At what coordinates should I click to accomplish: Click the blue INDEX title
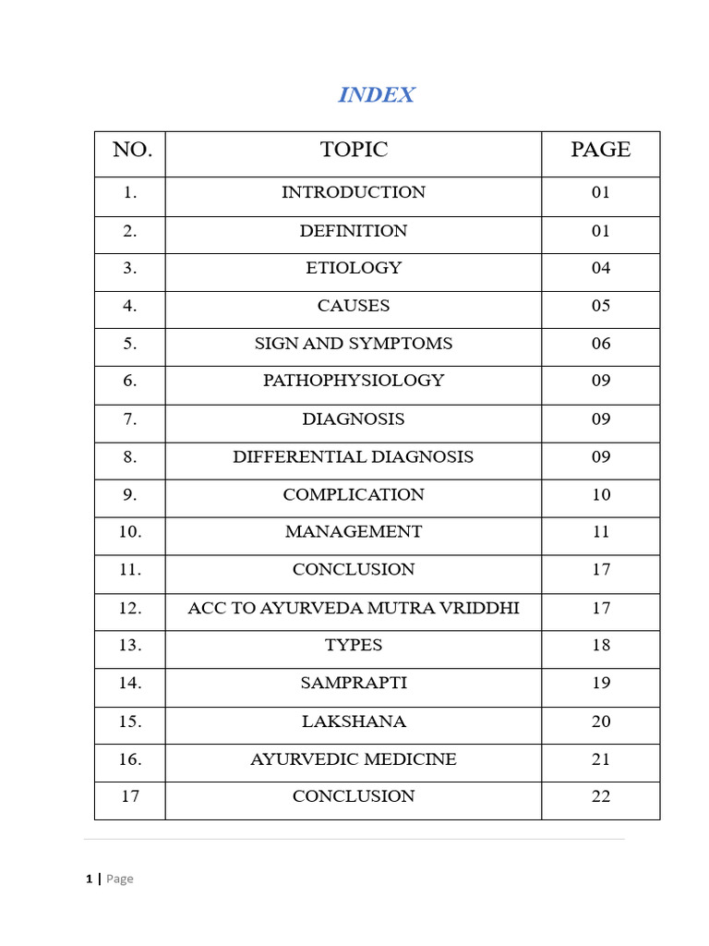point(376,95)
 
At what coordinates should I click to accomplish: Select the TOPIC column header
point(354,150)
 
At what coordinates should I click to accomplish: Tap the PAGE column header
point(600,150)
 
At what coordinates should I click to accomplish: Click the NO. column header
point(132,150)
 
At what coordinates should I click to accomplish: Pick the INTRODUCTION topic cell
point(354,192)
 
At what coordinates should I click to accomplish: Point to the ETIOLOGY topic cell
point(354,268)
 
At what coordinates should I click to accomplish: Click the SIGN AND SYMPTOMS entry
point(354,344)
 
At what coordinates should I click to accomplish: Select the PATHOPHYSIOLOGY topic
point(354,381)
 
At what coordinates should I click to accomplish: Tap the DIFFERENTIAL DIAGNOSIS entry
point(354,456)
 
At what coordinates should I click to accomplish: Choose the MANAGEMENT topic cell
point(354,532)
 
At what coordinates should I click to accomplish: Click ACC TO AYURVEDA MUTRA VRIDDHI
point(354,608)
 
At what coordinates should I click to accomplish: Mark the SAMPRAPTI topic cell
point(354,684)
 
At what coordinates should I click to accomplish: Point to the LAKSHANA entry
point(354,722)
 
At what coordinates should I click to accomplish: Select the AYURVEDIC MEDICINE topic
point(354,759)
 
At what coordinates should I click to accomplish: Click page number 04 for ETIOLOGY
point(601,268)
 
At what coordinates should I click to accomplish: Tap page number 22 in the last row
point(601,796)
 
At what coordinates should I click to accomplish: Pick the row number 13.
point(130,646)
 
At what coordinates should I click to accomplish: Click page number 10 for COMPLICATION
point(601,494)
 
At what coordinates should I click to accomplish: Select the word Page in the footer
point(120,879)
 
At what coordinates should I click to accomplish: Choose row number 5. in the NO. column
point(130,344)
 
